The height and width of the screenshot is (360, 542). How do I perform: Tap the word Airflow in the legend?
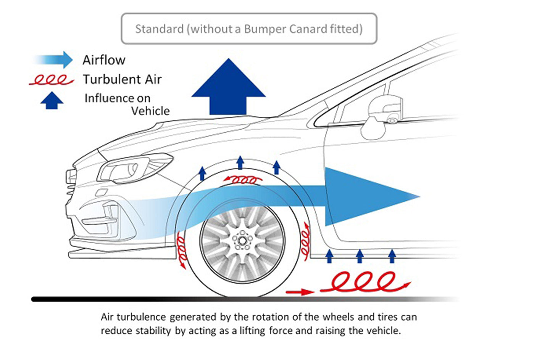pyautogui.click(x=104, y=60)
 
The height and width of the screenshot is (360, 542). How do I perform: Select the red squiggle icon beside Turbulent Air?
pyautogui.click(x=51, y=80)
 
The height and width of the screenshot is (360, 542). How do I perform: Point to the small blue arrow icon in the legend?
pyautogui.click(x=52, y=101)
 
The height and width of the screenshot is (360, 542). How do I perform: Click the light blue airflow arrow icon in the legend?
pyautogui.click(x=53, y=59)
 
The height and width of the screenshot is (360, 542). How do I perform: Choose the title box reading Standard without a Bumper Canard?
pyautogui.click(x=249, y=29)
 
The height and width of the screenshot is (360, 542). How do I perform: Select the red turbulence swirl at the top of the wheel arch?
pyautogui.click(x=243, y=179)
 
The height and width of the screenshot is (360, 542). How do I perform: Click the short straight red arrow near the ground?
pyautogui.click(x=300, y=292)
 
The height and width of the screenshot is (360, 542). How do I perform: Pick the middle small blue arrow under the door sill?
pyautogui.click(x=360, y=256)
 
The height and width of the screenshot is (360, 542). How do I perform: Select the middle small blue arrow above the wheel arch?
pyautogui.click(x=240, y=162)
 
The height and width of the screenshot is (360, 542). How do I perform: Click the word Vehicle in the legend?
pyautogui.click(x=150, y=111)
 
